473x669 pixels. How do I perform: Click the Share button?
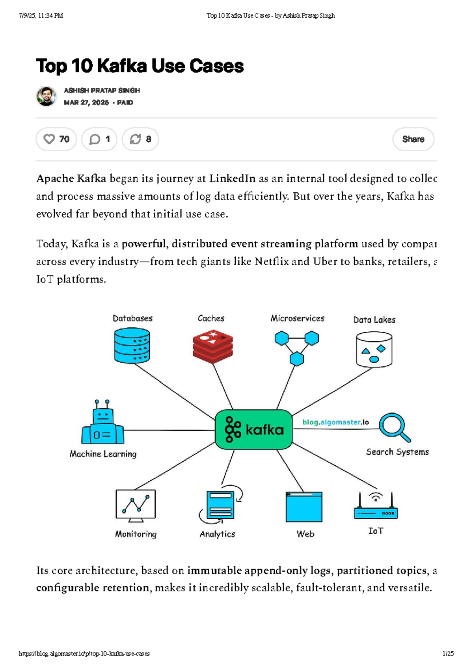tap(413, 139)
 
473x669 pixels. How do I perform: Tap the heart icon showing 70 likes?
tap(49, 139)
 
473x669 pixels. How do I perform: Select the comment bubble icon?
tap(95, 139)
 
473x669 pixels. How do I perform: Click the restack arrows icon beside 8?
tap(135, 139)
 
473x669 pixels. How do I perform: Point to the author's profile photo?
tap(47, 96)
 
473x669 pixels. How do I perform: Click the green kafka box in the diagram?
tap(253, 429)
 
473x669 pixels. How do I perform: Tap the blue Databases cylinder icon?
tap(132, 345)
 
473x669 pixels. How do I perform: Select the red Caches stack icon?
tap(213, 345)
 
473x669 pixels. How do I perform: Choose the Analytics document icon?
tap(220, 504)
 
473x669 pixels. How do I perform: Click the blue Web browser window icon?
tap(304, 507)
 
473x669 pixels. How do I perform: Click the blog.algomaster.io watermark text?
tap(335, 422)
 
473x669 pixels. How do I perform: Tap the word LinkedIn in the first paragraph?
tap(232, 178)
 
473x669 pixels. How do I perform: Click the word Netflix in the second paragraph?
tap(272, 261)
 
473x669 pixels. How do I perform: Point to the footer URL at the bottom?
tap(84, 654)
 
